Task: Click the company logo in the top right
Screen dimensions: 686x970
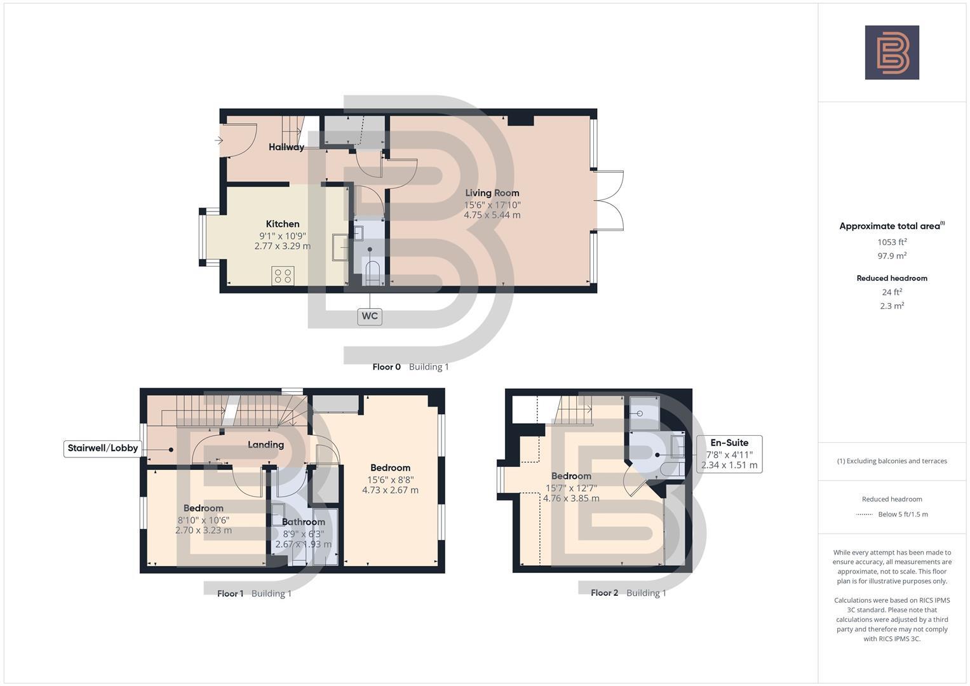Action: click(892, 52)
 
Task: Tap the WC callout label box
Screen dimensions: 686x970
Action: click(369, 316)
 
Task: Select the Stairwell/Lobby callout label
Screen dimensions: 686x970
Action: click(103, 448)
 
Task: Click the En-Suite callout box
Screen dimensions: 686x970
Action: click(729, 454)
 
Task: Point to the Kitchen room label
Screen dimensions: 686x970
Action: click(283, 224)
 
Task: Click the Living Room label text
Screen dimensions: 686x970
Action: click(492, 193)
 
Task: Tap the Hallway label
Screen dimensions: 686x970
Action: click(286, 147)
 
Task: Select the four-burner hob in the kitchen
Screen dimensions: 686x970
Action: click(283, 276)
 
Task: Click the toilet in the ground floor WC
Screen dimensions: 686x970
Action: click(371, 272)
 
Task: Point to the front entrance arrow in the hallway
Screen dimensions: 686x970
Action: click(219, 140)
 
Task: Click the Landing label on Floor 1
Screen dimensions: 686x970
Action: click(266, 445)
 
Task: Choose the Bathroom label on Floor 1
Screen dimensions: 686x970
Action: click(303, 522)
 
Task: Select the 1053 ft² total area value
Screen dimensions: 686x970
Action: click(892, 242)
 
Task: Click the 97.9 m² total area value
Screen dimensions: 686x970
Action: click(892, 256)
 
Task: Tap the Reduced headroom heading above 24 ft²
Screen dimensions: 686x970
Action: click(892, 278)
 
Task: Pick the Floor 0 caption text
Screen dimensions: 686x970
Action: click(386, 367)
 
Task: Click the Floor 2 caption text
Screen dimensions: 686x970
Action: click(604, 593)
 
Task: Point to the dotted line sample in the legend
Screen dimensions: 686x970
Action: click(864, 514)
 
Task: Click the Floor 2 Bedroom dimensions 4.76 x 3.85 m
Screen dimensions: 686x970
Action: click(571, 499)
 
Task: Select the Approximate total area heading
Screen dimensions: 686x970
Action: click(889, 226)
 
